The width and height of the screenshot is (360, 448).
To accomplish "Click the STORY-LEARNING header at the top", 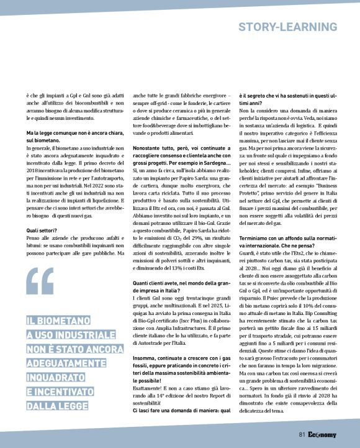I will [288, 27].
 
